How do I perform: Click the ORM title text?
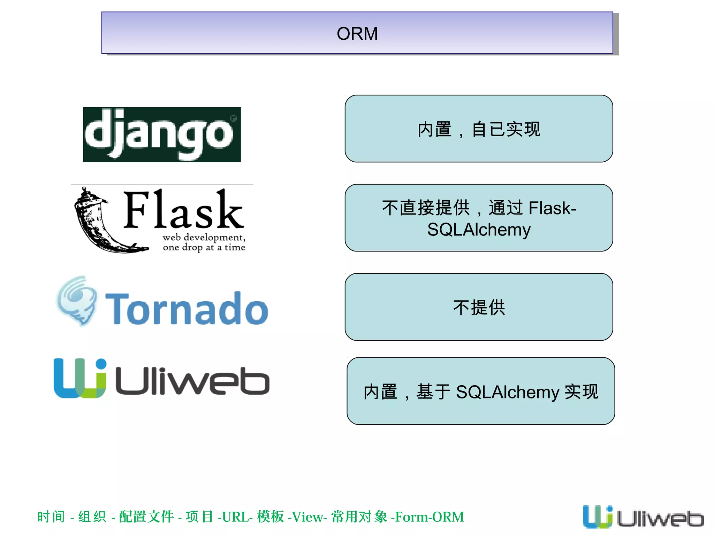click(357, 34)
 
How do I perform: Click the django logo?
click(162, 134)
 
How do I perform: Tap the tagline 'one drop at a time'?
click(204, 247)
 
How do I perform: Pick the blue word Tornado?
click(187, 309)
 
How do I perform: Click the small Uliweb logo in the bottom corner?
click(643, 517)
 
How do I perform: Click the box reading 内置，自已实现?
click(479, 129)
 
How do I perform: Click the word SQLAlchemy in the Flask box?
click(479, 230)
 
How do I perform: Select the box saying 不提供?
click(479, 307)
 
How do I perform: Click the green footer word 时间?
click(51, 517)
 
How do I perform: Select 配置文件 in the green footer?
click(146, 517)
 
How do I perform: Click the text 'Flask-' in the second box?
click(552, 208)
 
